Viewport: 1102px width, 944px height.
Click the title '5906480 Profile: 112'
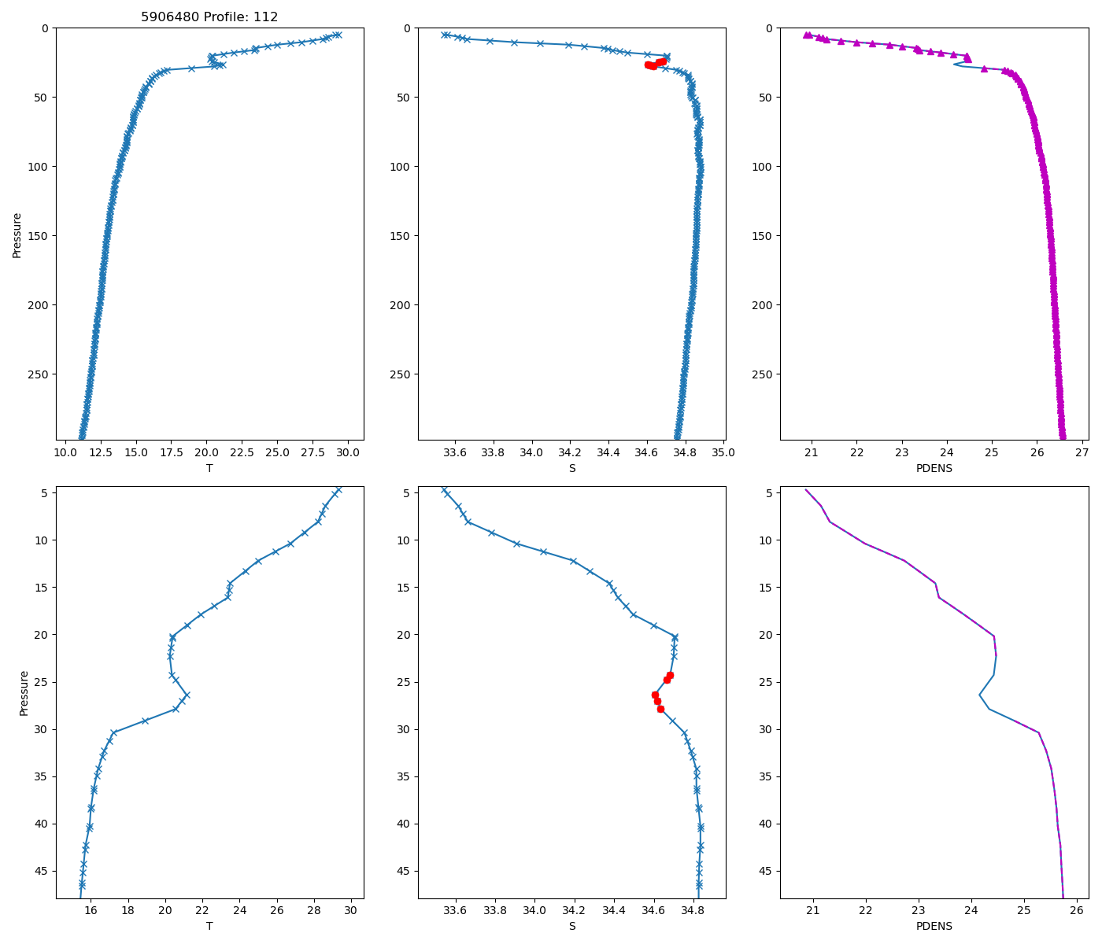(x=209, y=17)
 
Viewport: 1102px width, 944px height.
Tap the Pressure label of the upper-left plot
(x=17, y=234)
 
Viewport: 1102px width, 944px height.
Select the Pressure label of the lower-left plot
(x=24, y=693)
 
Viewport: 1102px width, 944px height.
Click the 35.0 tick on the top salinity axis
(x=723, y=452)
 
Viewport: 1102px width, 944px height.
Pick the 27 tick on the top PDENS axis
(x=1082, y=452)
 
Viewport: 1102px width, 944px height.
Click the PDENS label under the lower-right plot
(x=934, y=926)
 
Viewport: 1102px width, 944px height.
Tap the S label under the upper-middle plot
(x=571, y=468)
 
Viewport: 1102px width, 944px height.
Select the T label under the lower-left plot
(x=209, y=926)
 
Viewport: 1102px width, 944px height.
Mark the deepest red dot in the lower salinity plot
(x=660, y=709)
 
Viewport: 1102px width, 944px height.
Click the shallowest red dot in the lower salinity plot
(x=670, y=675)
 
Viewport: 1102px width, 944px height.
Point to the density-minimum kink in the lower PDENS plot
(x=979, y=695)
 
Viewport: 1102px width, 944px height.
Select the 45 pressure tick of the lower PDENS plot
(x=766, y=871)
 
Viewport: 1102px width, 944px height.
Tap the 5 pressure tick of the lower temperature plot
(x=45, y=492)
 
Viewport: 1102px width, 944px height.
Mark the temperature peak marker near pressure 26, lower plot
(x=187, y=695)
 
